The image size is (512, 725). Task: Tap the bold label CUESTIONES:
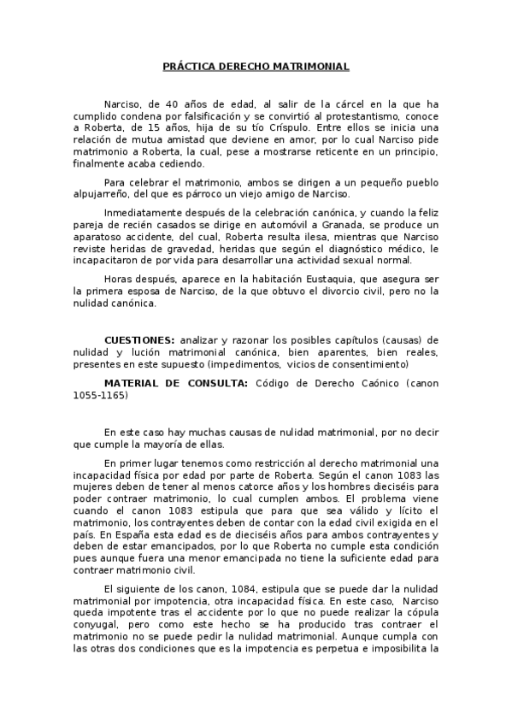click(139, 339)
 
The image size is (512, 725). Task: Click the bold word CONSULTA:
click(214, 381)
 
